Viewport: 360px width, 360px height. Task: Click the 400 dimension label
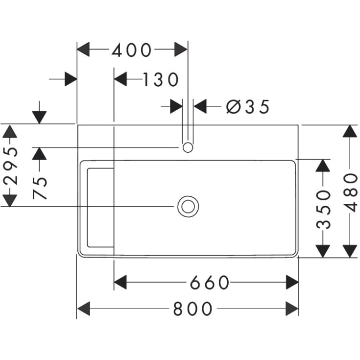(x=132, y=50)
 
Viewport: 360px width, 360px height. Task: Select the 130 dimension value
(x=161, y=79)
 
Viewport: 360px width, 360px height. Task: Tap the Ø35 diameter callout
(x=248, y=107)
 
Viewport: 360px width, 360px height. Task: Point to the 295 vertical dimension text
(x=10, y=166)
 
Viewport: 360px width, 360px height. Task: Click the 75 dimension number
(x=40, y=188)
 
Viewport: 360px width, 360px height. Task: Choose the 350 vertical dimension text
(x=323, y=210)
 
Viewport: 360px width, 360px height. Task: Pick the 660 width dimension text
(x=210, y=283)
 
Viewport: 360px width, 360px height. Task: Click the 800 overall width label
(x=192, y=309)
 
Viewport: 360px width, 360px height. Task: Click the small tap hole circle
(x=188, y=147)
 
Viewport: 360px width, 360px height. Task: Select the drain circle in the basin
(x=188, y=206)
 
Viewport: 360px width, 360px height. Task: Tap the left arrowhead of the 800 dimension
(x=84, y=309)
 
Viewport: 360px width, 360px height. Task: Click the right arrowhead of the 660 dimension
(x=292, y=283)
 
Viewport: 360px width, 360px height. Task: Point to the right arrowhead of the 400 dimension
(x=181, y=49)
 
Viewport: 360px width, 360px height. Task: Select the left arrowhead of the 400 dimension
(x=83, y=49)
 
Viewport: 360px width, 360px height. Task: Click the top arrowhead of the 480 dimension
(x=350, y=131)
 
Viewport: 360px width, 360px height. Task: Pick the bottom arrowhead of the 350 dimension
(x=323, y=251)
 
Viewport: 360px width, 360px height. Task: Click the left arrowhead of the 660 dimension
(x=120, y=283)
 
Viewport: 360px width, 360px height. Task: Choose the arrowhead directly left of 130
(x=120, y=79)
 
